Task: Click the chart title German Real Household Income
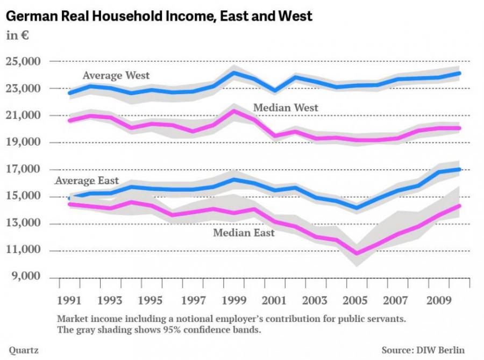(159, 17)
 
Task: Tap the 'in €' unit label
(17, 37)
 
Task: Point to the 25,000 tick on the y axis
(23, 62)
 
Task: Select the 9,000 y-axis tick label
(25, 277)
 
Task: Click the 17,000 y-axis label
(23, 169)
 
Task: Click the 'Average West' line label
(116, 76)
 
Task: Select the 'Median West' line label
(286, 108)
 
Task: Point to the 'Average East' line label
(87, 181)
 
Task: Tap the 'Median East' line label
(244, 233)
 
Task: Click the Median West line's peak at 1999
(233, 111)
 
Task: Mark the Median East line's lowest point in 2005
(357, 253)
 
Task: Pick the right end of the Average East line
(458, 170)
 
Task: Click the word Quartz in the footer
(23, 350)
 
